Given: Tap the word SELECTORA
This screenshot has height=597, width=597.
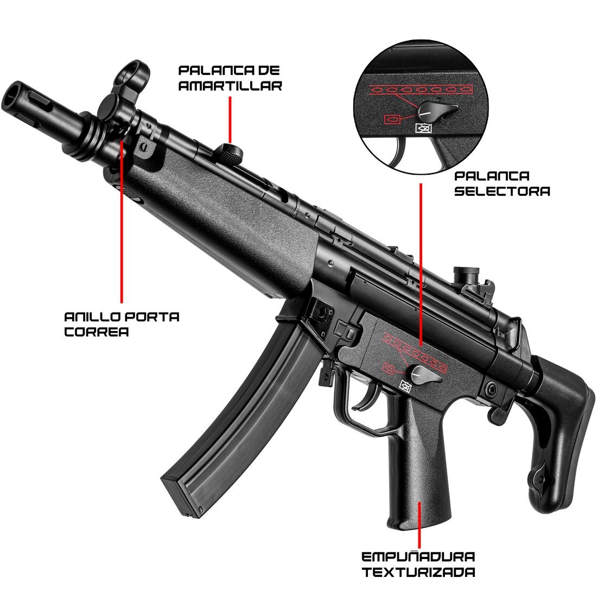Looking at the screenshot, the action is [502, 190].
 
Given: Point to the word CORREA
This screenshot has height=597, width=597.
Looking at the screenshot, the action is [96, 332].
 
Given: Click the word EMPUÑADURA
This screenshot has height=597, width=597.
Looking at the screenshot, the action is [418, 557].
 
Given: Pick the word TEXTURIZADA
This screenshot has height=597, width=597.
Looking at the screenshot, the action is [418, 572].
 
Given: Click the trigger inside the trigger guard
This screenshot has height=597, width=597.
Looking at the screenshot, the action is [365, 401].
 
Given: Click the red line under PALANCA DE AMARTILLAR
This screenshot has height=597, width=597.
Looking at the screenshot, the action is [230, 120].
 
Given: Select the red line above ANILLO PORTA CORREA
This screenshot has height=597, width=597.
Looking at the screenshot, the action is [122, 221].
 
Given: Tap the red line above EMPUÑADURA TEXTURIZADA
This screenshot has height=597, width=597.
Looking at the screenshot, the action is [419, 525].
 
